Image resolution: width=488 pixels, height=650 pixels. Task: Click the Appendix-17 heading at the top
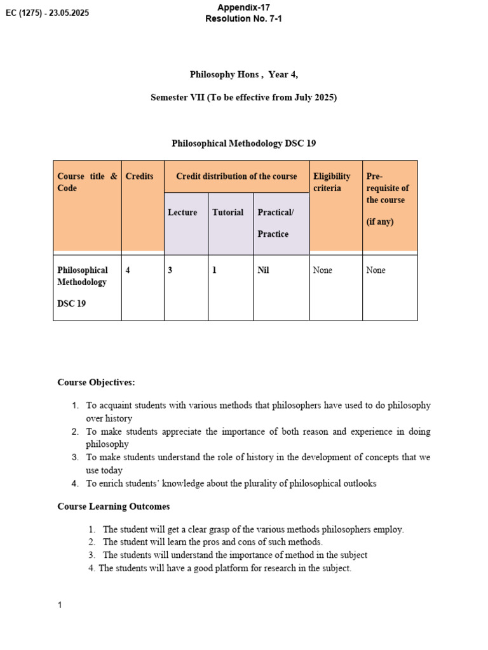tap(243, 7)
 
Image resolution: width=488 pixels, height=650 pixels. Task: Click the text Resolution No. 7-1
tap(243, 19)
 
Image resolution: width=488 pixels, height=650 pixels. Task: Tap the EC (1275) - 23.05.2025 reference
tap(47, 13)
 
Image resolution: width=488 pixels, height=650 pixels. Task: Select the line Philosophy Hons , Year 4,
tap(243, 74)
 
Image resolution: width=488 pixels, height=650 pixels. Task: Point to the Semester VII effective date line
tap(243, 97)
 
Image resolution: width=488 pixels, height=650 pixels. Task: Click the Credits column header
tap(140, 176)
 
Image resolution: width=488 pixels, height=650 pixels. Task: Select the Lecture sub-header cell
tap(182, 213)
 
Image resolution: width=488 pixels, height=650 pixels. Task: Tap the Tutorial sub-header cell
tap(227, 213)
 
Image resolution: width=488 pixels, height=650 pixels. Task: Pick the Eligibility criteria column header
tap(332, 182)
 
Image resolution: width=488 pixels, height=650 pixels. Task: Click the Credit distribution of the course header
tap(236, 176)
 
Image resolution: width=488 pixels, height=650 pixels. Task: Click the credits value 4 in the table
tap(128, 270)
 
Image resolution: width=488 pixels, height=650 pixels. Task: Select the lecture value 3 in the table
tap(170, 270)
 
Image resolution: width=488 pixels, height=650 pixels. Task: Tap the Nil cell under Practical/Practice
tap(263, 270)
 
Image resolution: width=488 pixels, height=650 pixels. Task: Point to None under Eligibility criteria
tap(323, 270)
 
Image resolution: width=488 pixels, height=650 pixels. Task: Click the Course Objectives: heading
tap(96, 382)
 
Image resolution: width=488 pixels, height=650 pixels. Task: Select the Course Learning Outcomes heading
tap(114, 507)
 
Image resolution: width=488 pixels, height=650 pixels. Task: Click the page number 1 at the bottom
tap(60, 605)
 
